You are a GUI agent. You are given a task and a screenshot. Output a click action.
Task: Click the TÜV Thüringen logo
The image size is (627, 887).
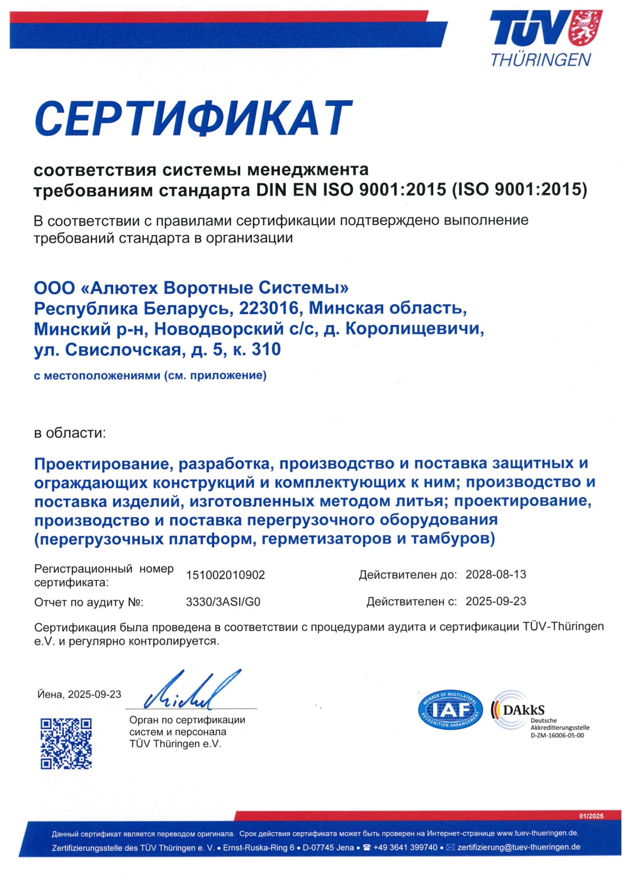(x=545, y=38)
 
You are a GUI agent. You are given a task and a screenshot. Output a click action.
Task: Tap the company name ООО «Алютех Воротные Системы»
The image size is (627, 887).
(x=191, y=288)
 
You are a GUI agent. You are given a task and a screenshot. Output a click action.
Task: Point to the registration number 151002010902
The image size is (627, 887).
(x=225, y=575)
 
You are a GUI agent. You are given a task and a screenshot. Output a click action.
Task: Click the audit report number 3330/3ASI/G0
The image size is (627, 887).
(x=223, y=602)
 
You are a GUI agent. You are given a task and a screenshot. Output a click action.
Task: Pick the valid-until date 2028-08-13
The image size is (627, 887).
(x=495, y=574)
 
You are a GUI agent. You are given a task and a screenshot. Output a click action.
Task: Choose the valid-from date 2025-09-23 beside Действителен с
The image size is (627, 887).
(x=495, y=601)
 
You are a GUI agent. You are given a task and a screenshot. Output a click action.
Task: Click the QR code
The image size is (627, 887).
(x=66, y=743)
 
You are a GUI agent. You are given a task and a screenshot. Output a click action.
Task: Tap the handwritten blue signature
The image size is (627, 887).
(x=192, y=691)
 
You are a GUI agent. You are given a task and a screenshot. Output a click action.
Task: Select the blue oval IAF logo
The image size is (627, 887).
(x=450, y=710)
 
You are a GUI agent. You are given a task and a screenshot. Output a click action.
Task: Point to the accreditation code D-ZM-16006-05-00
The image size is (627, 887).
(x=557, y=736)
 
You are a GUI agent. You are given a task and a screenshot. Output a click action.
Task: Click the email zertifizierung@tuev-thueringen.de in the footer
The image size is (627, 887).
(x=518, y=847)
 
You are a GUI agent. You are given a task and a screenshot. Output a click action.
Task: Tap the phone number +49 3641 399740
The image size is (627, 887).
(x=405, y=847)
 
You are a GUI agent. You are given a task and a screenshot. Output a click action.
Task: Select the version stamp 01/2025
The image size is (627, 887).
(x=591, y=816)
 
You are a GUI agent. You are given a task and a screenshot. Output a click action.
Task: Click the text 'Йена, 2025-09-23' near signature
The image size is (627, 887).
(x=79, y=695)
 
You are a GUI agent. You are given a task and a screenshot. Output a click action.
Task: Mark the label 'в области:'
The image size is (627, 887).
(x=70, y=433)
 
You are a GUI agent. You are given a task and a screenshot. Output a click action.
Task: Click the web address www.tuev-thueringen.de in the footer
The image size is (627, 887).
(x=537, y=833)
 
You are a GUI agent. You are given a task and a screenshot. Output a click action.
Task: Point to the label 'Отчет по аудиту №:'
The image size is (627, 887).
(x=89, y=602)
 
